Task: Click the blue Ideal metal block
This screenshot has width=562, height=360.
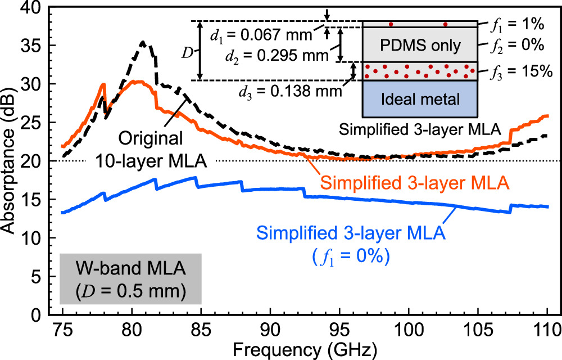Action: pyautogui.click(x=420, y=99)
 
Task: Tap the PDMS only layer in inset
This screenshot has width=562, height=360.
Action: pyautogui.click(x=420, y=44)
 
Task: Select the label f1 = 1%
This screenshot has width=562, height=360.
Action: pyautogui.click(x=514, y=24)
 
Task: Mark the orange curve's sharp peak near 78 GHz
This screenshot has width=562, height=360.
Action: pyautogui.click(x=104, y=84)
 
